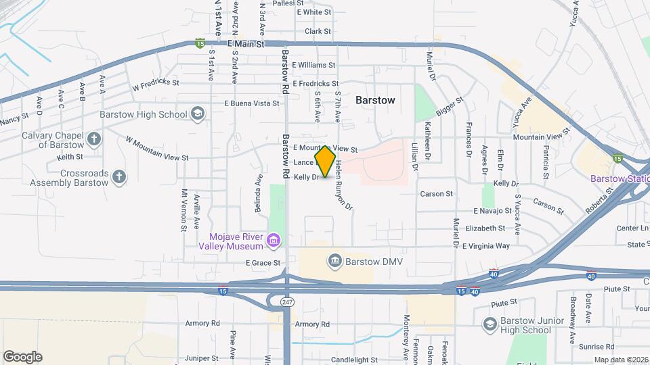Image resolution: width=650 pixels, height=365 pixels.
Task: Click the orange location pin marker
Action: click(x=325, y=162)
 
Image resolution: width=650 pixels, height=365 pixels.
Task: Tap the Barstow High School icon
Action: click(x=198, y=114)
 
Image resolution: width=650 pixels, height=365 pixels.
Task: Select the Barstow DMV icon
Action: click(x=334, y=261)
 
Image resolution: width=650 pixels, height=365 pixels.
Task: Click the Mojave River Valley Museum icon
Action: click(x=274, y=240)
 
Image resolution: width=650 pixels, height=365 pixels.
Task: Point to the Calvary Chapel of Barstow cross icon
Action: click(x=94, y=140)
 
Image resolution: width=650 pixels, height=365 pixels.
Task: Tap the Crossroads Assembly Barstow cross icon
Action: click(x=119, y=177)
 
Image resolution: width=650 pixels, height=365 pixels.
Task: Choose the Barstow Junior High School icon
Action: click(x=490, y=324)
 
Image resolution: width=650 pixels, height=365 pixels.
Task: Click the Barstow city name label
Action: click(x=375, y=100)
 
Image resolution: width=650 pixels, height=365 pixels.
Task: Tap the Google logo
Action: click(x=22, y=356)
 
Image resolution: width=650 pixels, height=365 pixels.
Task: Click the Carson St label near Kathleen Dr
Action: click(x=436, y=194)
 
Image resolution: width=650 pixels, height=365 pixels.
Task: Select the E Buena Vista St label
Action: click(x=252, y=103)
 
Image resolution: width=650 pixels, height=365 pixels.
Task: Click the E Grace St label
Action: click(x=263, y=262)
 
